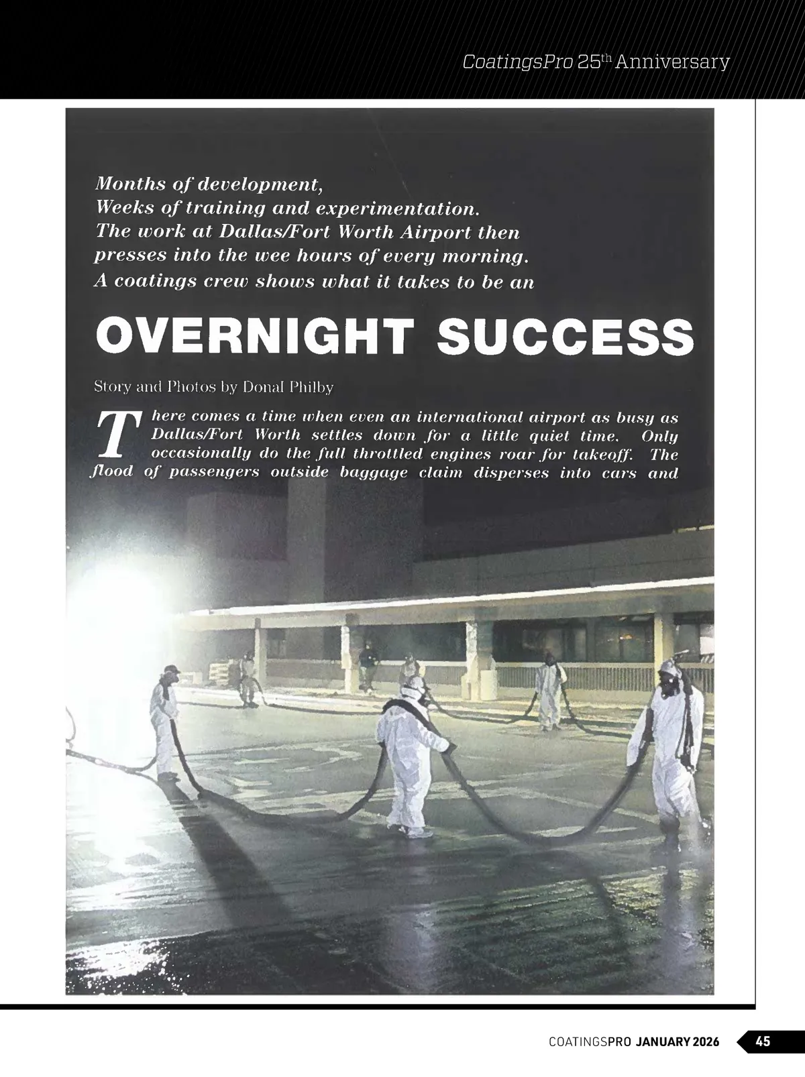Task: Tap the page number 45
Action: (763, 1041)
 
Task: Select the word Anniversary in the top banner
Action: (672, 62)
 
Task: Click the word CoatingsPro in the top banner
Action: (517, 62)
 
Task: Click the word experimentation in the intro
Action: (397, 208)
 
